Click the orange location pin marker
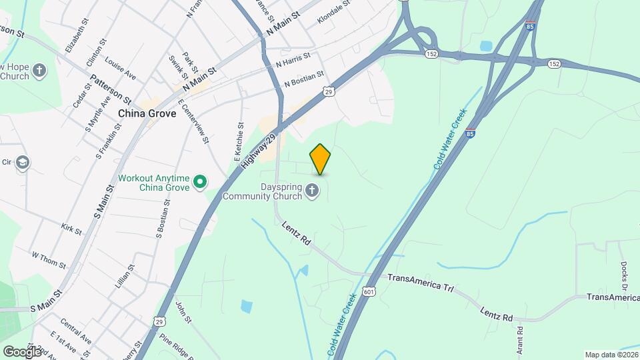point(321,159)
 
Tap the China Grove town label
point(147,113)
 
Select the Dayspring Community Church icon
point(311,192)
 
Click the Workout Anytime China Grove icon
point(199,181)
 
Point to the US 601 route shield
point(369,292)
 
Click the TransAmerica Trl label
point(420,282)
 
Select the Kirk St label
point(71,230)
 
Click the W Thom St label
point(49,260)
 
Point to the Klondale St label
point(334,12)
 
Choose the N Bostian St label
point(303,79)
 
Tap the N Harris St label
point(293,61)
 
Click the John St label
point(183,313)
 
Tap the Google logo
point(23,351)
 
